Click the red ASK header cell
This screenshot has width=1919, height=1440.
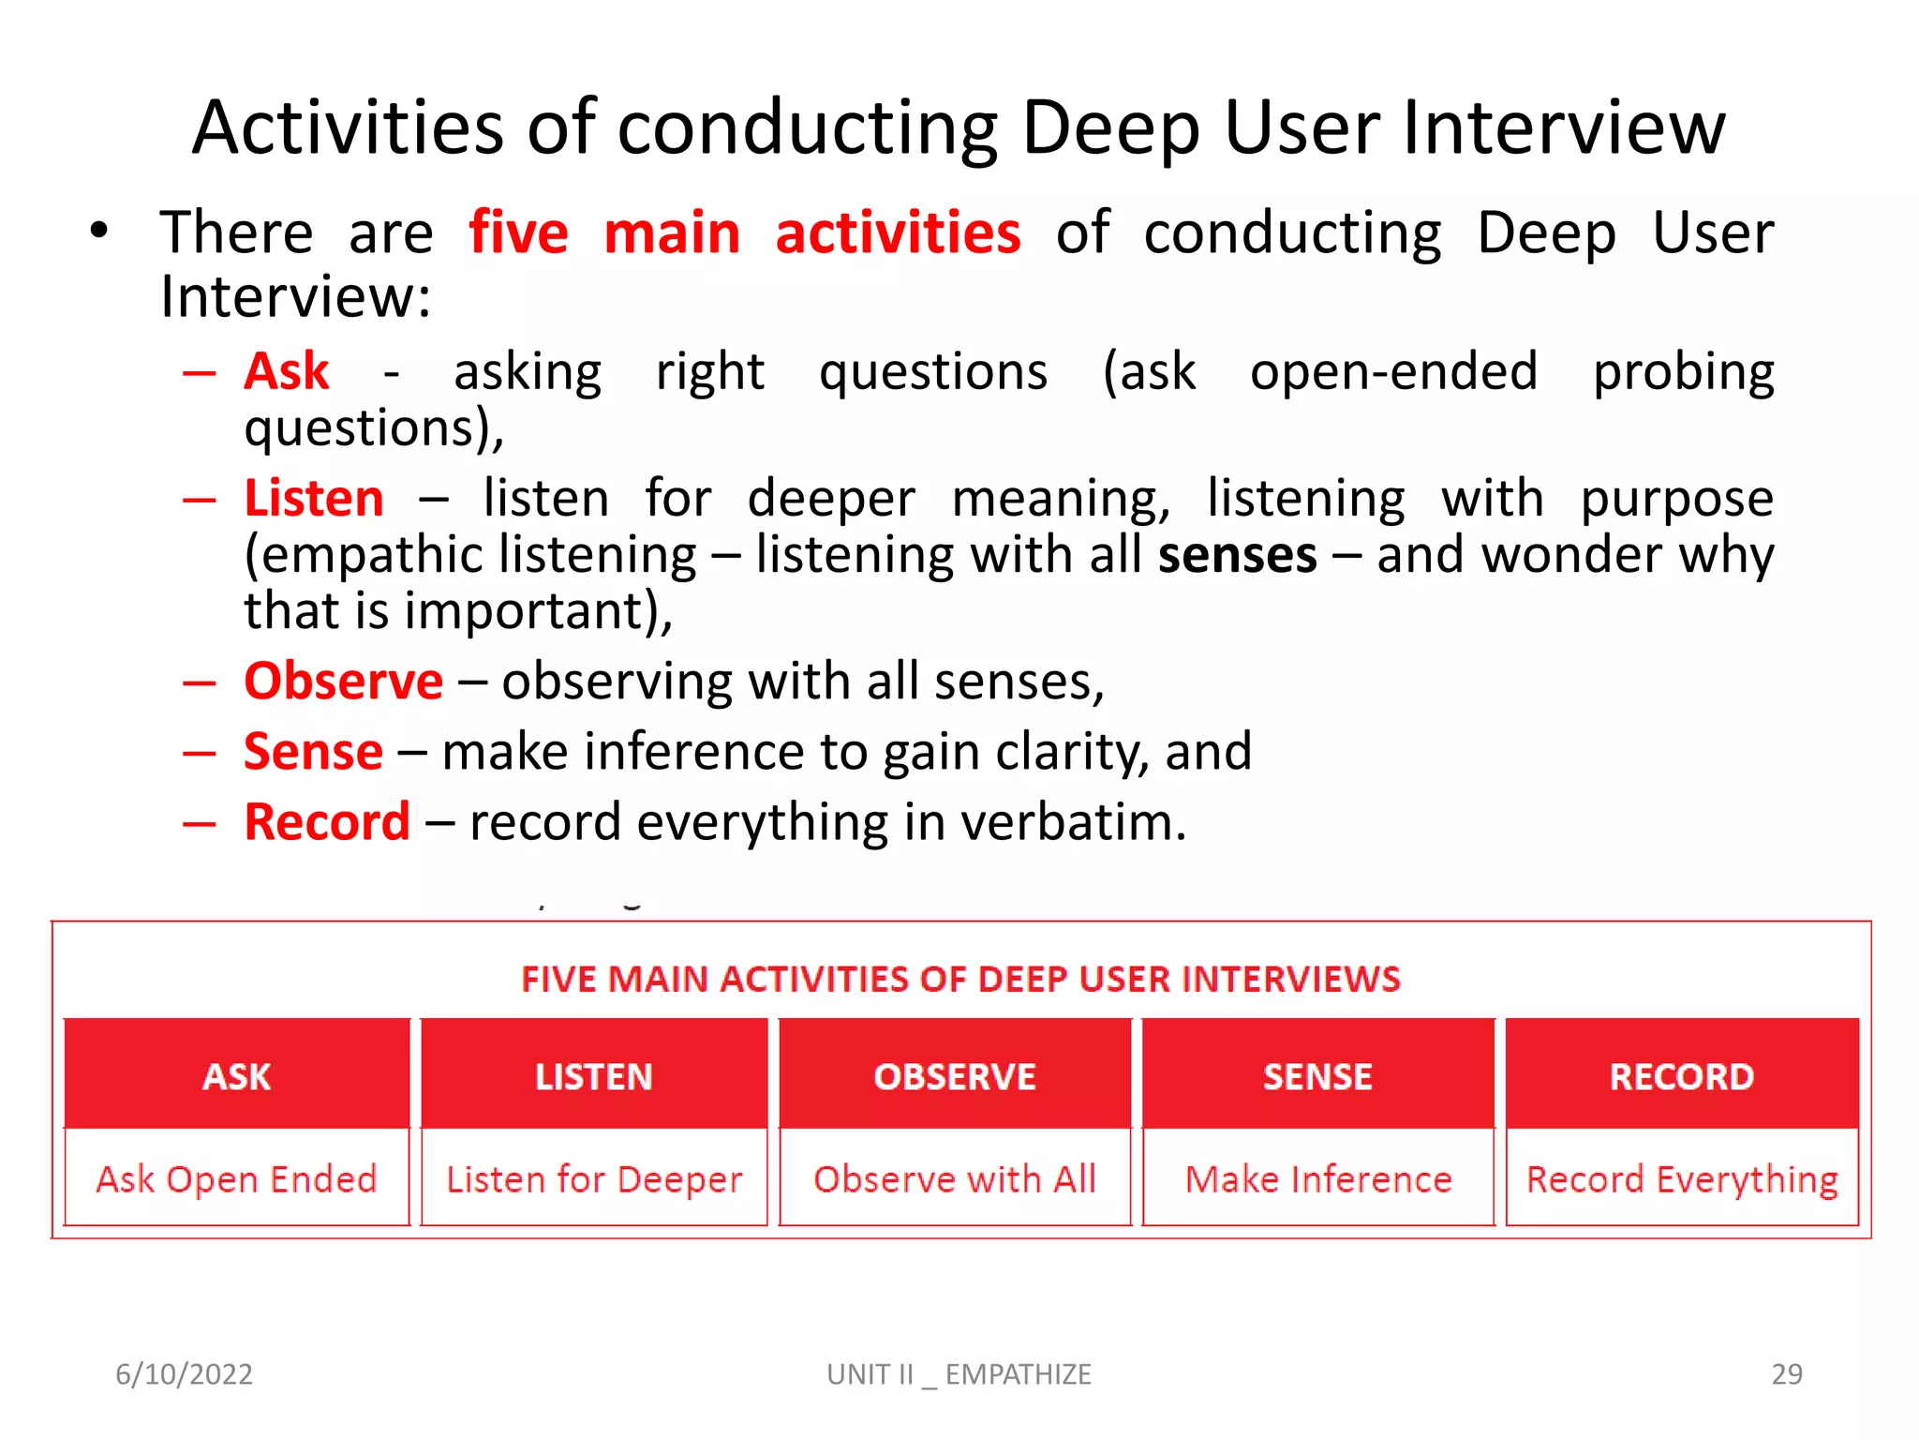click(x=237, y=1074)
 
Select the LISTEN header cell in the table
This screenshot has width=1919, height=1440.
click(x=594, y=1074)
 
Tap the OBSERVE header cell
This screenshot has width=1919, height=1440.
click(x=955, y=1074)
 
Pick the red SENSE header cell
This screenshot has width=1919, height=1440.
click(x=1317, y=1074)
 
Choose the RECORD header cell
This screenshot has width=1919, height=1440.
click(x=1682, y=1074)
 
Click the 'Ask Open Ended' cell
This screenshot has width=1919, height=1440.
click(x=237, y=1178)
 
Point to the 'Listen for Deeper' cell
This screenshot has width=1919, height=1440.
click(x=594, y=1178)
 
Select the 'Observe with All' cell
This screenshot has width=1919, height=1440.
click(x=955, y=1178)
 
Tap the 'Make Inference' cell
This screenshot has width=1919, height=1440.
click(x=1317, y=1178)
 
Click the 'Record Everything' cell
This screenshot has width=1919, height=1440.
click(x=1682, y=1178)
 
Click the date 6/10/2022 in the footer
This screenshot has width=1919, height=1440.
click(x=184, y=1373)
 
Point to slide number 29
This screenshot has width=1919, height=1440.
click(x=1786, y=1373)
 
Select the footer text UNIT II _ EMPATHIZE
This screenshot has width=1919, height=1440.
click(x=959, y=1373)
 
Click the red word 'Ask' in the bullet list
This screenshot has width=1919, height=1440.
click(x=287, y=371)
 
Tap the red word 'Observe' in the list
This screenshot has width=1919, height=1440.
click(x=343, y=681)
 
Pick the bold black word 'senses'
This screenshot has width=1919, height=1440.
click(x=1237, y=554)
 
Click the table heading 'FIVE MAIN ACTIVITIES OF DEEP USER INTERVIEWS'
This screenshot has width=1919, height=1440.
click(x=960, y=979)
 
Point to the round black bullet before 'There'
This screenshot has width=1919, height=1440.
click(x=99, y=231)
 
